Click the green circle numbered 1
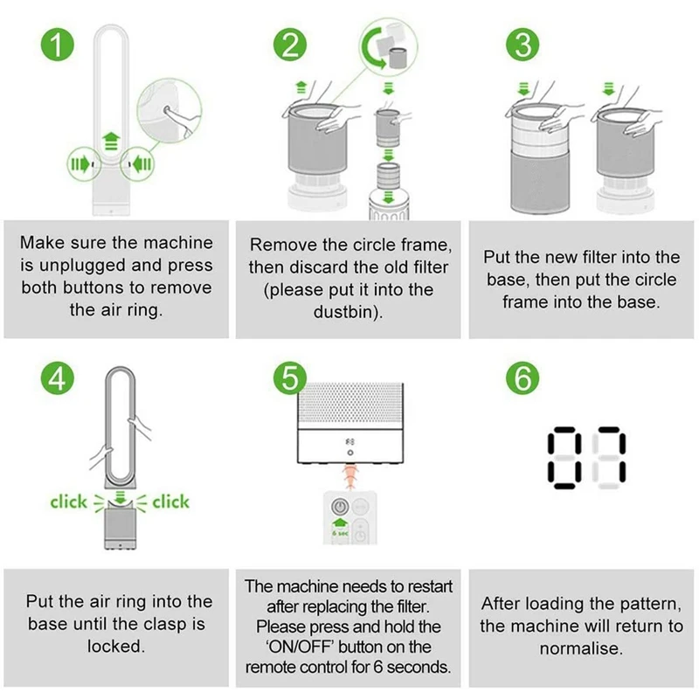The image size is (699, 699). click(57, 45)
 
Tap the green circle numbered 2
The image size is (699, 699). click(290, 45)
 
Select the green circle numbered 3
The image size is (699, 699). click(523, 45)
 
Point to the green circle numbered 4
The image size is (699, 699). click(57, 378)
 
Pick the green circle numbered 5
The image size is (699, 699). click(290, 378)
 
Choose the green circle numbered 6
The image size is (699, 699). click(523, 378)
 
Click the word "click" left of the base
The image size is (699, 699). click(68, 502)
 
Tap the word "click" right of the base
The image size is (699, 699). click(170, 502)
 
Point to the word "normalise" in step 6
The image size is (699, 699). click(578, 648)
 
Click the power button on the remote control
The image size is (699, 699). click(340, 507)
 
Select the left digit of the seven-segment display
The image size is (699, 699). click(564, 458)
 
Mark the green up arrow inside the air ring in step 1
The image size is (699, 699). click(111, 141)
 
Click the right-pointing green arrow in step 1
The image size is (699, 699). click(80, 164)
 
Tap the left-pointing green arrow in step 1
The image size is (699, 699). click(142, 164)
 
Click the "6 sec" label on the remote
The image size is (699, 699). click(340, 533)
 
